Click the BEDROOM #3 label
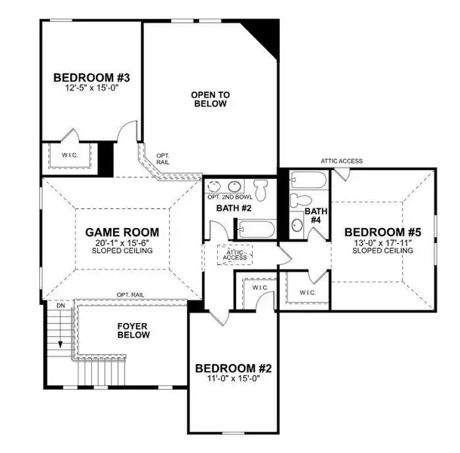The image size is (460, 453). tap(84, 77)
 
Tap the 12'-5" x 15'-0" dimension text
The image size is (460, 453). tap(84, 88)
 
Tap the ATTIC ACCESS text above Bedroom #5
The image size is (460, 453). tap(342, 161)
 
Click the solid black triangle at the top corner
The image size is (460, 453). tap(268, 32)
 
